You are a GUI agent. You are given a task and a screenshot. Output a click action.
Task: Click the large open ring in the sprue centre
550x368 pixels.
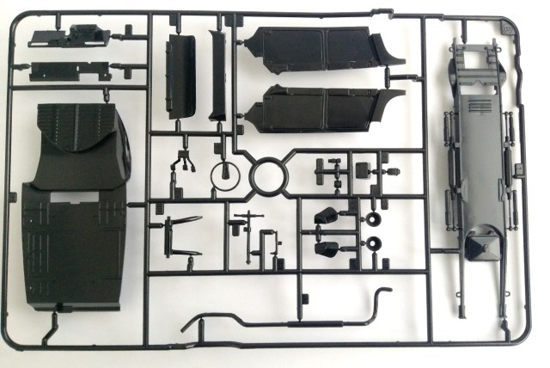[x=272, y=177]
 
